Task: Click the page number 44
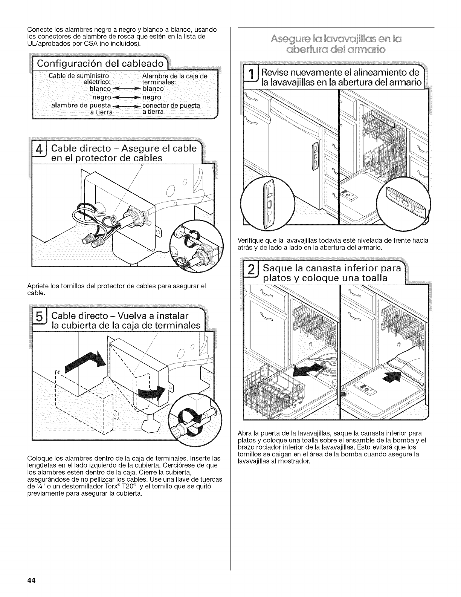pyautogui.click(x=31, y=580)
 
